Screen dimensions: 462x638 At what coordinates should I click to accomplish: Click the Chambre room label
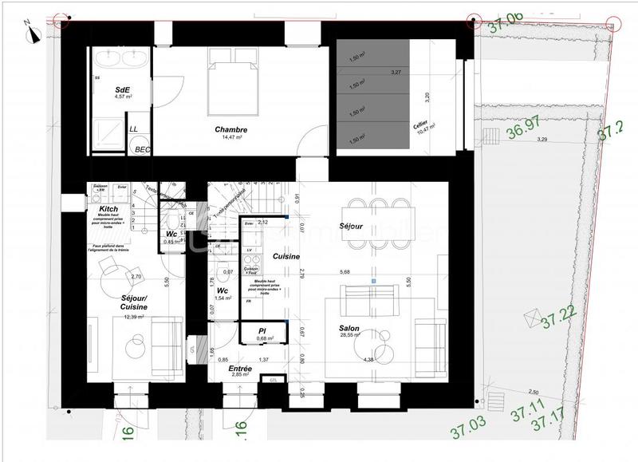click(230, 130)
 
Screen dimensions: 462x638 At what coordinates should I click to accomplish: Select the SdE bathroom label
click(123, 89)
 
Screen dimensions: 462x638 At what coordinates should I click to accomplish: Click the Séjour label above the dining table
click(351, 227)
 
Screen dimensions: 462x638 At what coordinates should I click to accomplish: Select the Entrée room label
click(241, 369)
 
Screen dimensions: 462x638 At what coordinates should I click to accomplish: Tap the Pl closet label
click(262, 330)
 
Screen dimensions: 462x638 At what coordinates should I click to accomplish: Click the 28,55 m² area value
click(350, 337)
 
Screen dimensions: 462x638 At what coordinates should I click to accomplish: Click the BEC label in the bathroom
click(141, 149)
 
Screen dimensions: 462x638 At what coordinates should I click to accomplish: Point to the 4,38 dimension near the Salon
click(368, 360)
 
